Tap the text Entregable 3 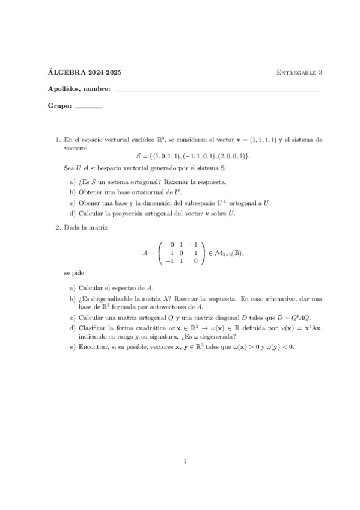pyautogui.click(x=299, y=72)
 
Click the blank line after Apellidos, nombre pyautogui.click(x=216, y=90)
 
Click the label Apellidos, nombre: pyautogui.click(x=79, y=90)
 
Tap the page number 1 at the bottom pyautogui.click(x=186, y=461)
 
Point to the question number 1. pyautogui.click(x=58, y=140)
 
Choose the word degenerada pyautogui.click(x=218, y=337)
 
